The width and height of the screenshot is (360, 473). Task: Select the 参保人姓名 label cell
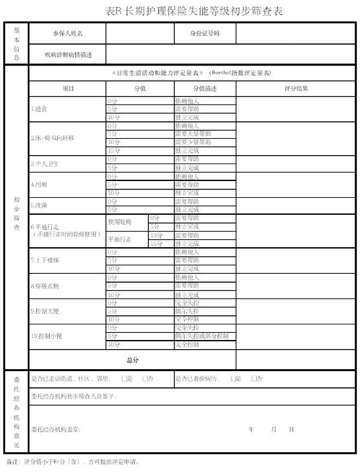[67, 33]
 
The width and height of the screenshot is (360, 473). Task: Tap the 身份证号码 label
[206, 33]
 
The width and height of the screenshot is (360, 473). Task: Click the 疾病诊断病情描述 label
[68, 55]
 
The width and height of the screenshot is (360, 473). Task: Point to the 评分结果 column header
[296, 88]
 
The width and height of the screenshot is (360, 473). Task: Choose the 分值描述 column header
[205, 88]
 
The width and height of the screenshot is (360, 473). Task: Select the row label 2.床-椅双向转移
[53, 138]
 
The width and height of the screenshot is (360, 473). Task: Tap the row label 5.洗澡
[39, 205]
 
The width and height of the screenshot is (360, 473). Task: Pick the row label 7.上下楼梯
[45, 260]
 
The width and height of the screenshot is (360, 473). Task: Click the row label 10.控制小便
[47, 336]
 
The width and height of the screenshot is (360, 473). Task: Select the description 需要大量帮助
[193, 134]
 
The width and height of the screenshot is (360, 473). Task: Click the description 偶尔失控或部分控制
[202, 336]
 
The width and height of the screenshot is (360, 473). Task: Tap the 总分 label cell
[132, 359]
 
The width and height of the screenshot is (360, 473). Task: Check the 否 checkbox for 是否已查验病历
[254, 378]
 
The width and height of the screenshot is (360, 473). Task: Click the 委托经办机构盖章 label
[56, 430]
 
